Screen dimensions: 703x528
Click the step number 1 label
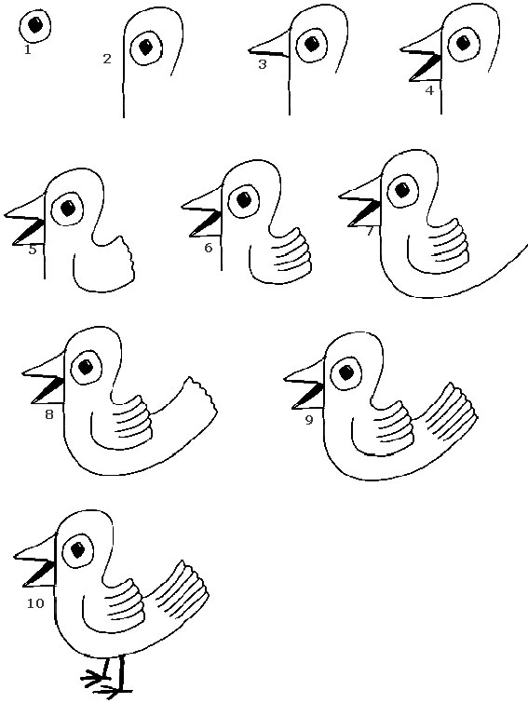click(x=28, y=49)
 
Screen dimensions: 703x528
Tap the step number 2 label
click(x=107, y=60)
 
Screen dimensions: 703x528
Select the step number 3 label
click(x=262, y=64)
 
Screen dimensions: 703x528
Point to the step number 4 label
click(x=428, y=90)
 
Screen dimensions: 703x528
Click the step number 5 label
click(x=33, y=249)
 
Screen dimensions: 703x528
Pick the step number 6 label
click(x=208, y=248)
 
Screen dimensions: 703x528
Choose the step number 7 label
click(x=370, y=231)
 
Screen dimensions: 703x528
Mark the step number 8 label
click(x=49, y=414)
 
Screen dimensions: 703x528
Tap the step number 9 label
click(x=308, y=420)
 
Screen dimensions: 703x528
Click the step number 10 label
click(x=35, y=603)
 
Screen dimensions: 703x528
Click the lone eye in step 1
click(x=35, y=25)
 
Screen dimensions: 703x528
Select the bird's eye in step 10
click(x=78, y=550)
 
